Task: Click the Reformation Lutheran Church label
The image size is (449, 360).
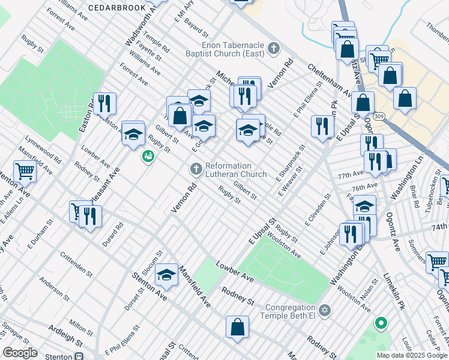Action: click(x=235, y=170)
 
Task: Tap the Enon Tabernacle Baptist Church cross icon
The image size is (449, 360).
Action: click(x=274, y=48)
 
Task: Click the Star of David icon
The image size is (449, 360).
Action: click(x=325, y=310)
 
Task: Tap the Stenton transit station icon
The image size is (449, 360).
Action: click(x=79, y=356)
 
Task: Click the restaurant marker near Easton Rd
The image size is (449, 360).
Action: click(x=105, y=103)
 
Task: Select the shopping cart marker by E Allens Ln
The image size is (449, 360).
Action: click(x=25, y=171)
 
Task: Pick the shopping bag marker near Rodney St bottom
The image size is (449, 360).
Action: click(x=237, y=327)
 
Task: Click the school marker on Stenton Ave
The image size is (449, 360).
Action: click(x=166, y=275)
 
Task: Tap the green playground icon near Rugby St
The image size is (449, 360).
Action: click(x=147, y=157)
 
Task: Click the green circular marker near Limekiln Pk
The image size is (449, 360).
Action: click(x=380, y=324)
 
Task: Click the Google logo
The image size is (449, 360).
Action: click(x=20, y=353)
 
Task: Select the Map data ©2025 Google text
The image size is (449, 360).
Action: click(x=411, y=355)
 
